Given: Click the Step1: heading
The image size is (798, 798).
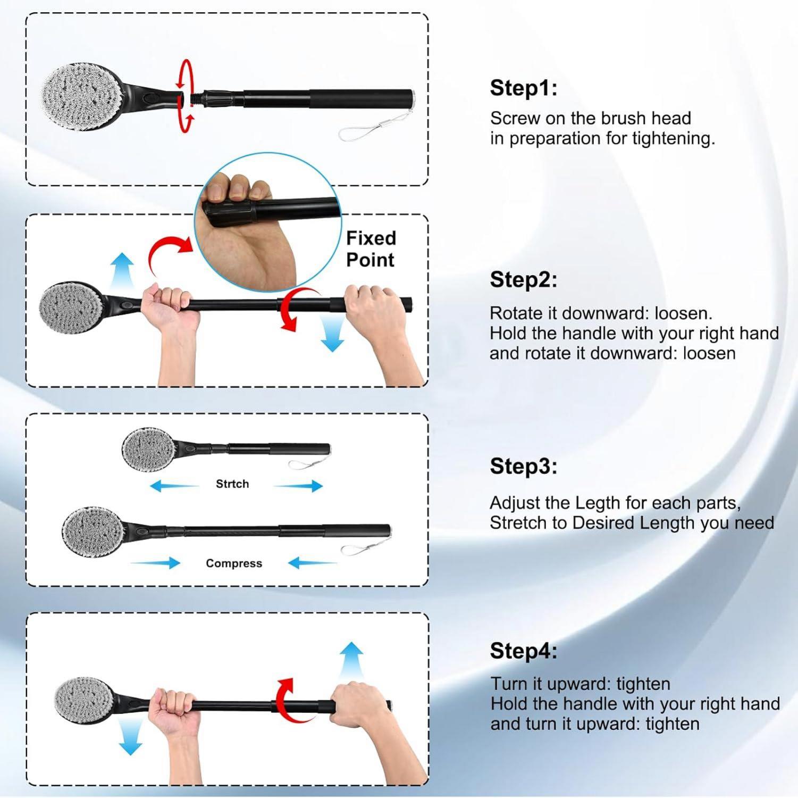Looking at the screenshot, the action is pos(524,88).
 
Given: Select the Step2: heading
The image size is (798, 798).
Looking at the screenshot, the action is pos(524,279).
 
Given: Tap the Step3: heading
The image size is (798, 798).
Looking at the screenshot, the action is pos(524,466).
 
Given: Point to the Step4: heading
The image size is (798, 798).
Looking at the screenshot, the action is pos(524,651).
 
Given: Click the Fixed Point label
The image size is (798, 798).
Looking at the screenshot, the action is pos(371,249).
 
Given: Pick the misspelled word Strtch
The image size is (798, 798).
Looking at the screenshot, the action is pos(232,484).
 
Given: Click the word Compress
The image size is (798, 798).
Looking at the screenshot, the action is pos(234,563).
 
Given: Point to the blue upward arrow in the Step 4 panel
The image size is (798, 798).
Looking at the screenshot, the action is pos(350,660).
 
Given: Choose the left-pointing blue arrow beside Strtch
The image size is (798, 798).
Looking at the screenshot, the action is pos(174,485).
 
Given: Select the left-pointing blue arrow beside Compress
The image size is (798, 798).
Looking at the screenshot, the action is pos(312,562).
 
